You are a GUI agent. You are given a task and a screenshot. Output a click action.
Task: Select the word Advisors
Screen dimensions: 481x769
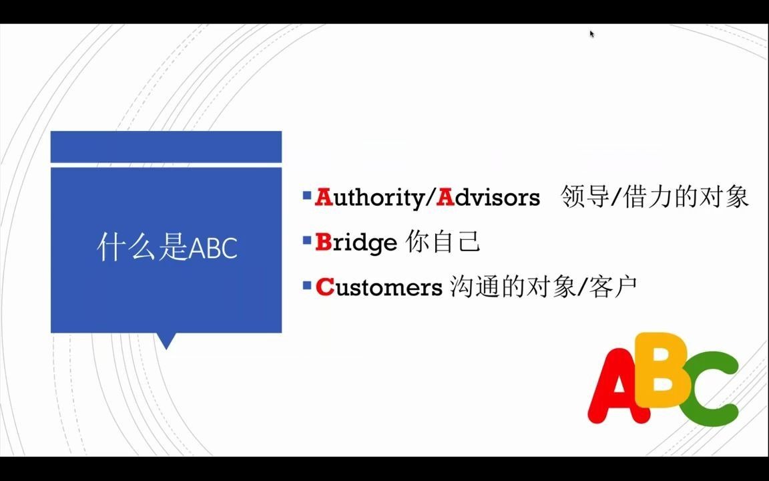(488, 198)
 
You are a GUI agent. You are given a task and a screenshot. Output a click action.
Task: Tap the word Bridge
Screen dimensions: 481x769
(356, 243)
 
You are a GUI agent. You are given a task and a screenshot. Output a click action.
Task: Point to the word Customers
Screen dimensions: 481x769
(378, 287)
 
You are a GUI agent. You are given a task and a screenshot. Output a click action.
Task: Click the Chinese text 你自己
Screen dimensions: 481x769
(443, 242)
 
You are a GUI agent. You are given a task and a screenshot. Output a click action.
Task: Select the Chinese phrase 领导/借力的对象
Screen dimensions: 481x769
(654, 197)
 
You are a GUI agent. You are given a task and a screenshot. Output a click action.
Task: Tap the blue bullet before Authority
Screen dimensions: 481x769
(306, 196)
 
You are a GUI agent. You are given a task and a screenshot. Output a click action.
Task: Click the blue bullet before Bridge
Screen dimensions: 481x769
(306, 240)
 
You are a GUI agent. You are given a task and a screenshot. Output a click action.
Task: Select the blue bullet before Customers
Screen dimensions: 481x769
(306, 285)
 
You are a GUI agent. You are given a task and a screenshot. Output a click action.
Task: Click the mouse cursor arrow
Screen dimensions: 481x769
(592, 34)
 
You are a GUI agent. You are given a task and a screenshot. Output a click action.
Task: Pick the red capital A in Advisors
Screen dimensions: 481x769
(445, 198)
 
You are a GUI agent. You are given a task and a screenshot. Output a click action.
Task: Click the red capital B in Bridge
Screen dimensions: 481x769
(323, 243)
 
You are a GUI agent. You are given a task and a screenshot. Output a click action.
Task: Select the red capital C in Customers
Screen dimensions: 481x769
(324, 287)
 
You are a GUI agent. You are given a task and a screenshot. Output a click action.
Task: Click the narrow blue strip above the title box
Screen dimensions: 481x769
(166, 147)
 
